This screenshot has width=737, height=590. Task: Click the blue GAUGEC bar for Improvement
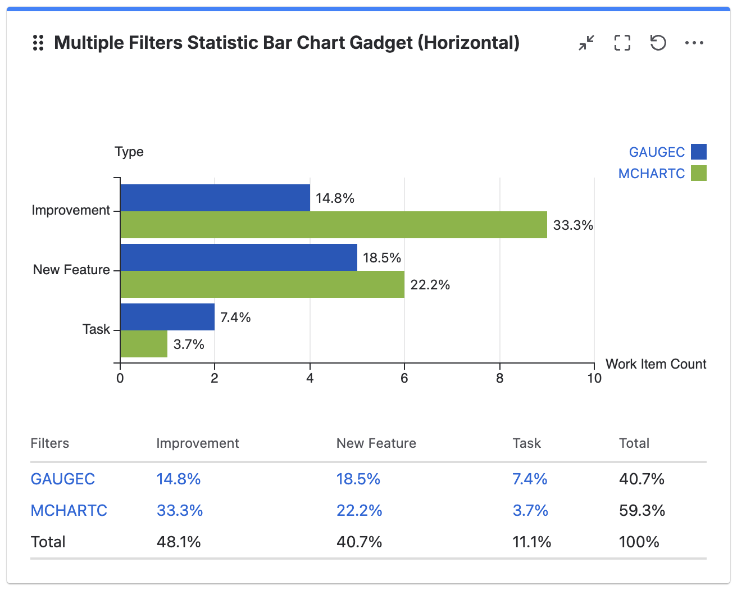click(215, 198)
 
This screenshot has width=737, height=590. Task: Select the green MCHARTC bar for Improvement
click(334, 225)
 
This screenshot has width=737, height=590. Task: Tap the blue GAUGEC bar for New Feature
click(239, 257)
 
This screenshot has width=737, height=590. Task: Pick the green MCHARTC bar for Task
click(144, 344)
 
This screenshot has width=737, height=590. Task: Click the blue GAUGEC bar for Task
click(167, 317)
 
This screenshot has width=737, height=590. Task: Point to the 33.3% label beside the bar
click(573, 225)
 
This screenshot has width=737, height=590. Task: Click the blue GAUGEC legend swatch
click(699, 152)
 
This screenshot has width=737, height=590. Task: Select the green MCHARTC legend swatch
click(699, 173)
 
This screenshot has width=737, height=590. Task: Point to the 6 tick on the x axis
click(404, 378)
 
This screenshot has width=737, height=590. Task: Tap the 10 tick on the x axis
click(594, 378)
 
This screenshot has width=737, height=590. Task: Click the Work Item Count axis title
click(656, 364)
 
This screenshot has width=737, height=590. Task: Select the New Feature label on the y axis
click(71, 270)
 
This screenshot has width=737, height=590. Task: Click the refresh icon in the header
click(658, 43)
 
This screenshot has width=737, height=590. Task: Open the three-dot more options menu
click(694, 43)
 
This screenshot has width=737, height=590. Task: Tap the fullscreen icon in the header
click(622, 43)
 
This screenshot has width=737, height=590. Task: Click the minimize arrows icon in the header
click(586, 43)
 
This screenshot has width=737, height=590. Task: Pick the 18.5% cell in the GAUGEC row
click(358, 479)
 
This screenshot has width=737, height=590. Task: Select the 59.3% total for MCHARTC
click(642, 511)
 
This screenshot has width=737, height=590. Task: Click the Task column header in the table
click(527, 443)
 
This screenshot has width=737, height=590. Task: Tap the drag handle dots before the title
click(38, 43)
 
